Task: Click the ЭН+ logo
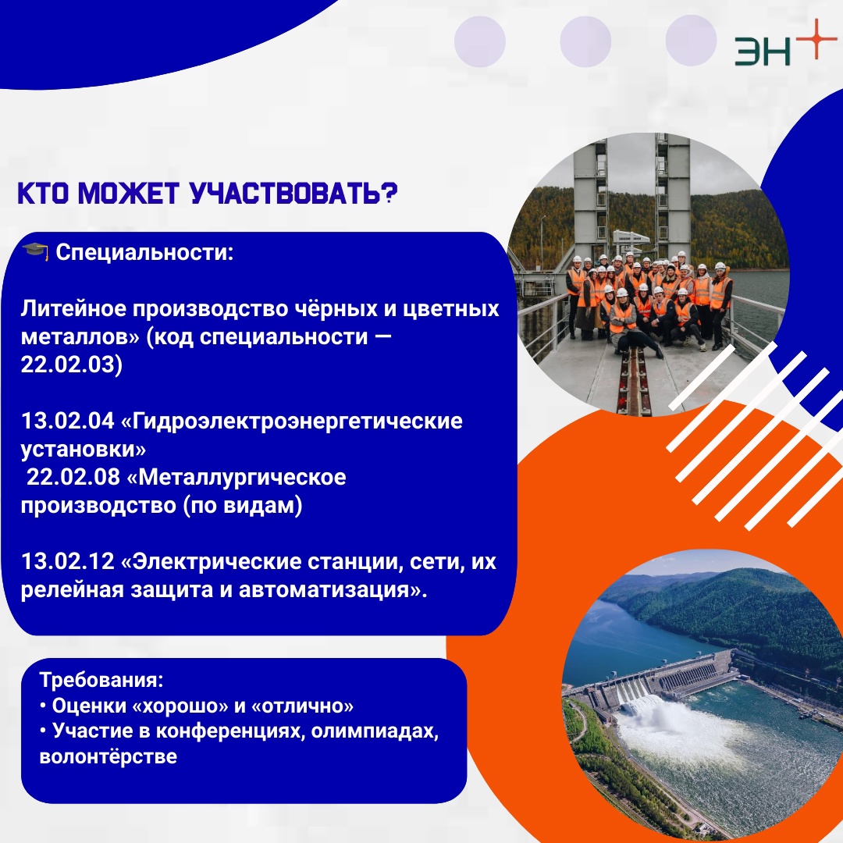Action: pyautogui.click(x=786, y=44)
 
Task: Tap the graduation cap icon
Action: pyautogui.click(x=35, y=251)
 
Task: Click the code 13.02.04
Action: pyautogui.click(x=68, y=421)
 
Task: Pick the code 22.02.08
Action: pyautogui.click(x=73, y=478)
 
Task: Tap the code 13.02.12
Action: pyautogui.click(x=68, y=562)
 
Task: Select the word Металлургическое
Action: pyautogui.click(x=243, y=478)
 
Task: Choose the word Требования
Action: pyautogui.click(x=99, y=680)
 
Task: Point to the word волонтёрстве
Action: pyautogui.click(x=108, y=756)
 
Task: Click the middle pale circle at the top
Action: pyautogui.click(x=585, y=41)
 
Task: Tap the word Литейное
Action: pyautogui.click(x=73, y=309)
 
